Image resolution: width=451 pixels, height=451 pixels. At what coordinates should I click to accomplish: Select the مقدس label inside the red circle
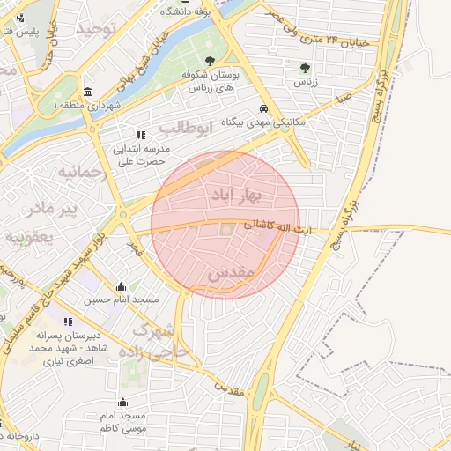(231, 274)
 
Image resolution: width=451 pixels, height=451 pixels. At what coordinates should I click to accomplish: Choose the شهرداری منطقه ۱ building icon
(87, 92)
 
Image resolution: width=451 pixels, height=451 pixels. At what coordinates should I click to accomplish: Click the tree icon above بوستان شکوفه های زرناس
(210, 61)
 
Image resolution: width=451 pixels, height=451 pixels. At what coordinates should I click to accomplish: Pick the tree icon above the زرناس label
(305, 67)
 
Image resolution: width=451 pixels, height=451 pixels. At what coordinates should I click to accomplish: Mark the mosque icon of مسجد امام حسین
(122, 286)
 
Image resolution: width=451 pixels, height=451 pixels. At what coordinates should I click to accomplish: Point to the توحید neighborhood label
(96, 30)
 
